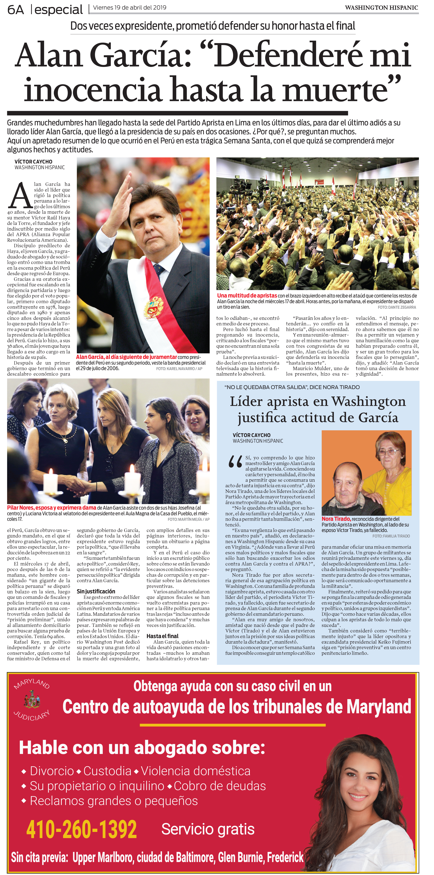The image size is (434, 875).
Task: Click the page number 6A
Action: click(16, 10)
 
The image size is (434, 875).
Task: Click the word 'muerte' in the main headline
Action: click(335, 89)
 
